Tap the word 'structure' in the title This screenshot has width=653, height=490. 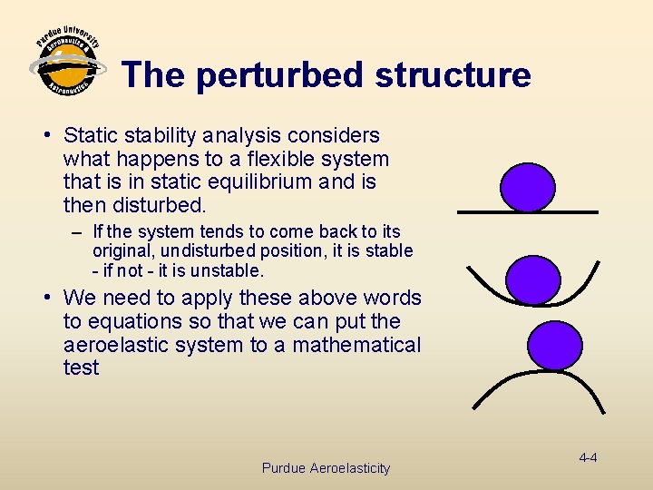pos(453,74)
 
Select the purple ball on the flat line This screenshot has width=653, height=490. pos(528,187)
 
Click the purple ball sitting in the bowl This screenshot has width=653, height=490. pos(532,279)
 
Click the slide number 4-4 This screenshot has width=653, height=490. pos(587,457)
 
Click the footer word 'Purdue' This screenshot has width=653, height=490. pos(283,468)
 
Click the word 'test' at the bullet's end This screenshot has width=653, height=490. pos(81,367)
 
